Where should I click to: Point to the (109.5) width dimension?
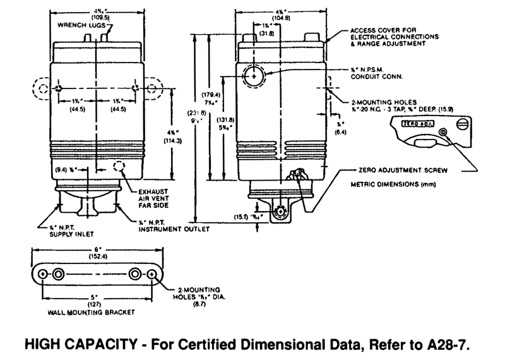[x=97, y=17]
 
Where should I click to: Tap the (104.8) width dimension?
[x=282, y=18]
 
